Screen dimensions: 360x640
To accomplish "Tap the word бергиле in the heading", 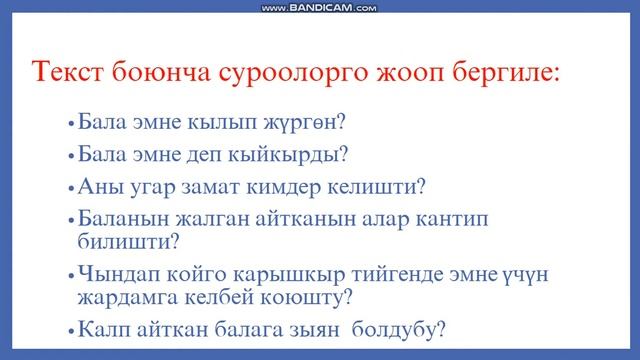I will (496, 73).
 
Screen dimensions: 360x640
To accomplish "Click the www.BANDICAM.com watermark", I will (319, 8).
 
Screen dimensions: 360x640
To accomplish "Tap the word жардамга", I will (126, 297).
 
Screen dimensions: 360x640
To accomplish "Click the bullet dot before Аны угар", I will (70, 188).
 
